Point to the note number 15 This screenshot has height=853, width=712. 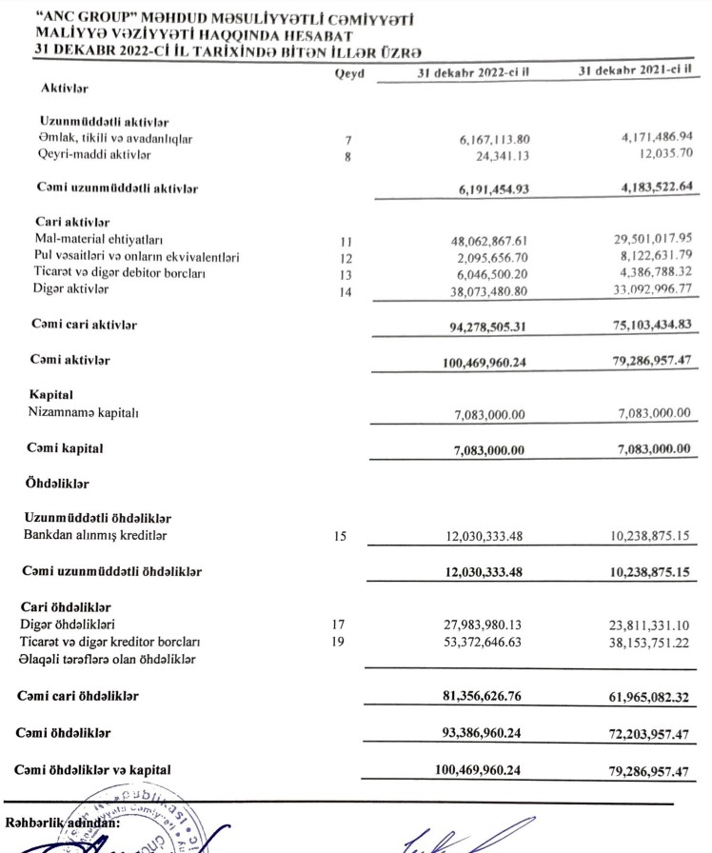coord(341,536)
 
